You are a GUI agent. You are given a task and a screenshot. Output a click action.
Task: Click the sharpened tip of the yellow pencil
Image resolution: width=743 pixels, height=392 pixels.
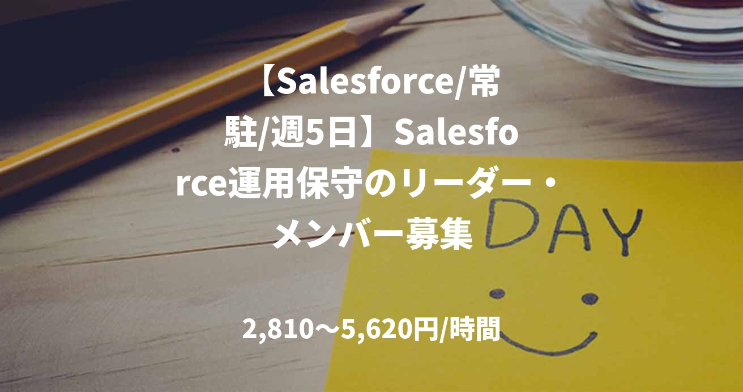[418, 8]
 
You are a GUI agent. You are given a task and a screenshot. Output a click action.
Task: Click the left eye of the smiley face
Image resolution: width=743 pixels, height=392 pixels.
[497, 293]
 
